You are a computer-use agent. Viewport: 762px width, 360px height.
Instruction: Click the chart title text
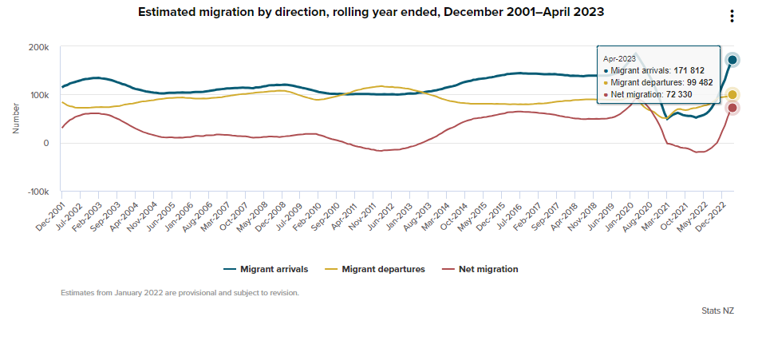coord(371,13)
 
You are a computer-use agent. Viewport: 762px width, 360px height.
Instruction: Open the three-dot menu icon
coord(732,17)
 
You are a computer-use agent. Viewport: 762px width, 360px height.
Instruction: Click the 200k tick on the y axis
coord(39,48)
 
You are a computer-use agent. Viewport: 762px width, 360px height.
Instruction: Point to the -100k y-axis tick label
coord(37,192)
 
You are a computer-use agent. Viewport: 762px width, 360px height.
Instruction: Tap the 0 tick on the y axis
coord(47,144)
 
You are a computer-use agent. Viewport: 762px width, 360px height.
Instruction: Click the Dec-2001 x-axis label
coord(49,216)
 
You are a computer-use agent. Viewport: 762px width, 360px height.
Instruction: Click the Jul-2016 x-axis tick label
coord(507,216)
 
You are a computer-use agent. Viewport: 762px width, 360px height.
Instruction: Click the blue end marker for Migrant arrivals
coord(732,60)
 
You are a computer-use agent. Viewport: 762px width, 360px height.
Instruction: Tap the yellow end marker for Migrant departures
coord(732,95)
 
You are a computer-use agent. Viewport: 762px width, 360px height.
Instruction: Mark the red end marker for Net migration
coord(732,108)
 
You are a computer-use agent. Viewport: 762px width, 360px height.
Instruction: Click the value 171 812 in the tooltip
coord(689,70)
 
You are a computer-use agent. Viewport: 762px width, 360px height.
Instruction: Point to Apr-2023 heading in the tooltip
coord(619,58)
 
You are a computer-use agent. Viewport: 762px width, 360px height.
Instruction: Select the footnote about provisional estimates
coord(180,293)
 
